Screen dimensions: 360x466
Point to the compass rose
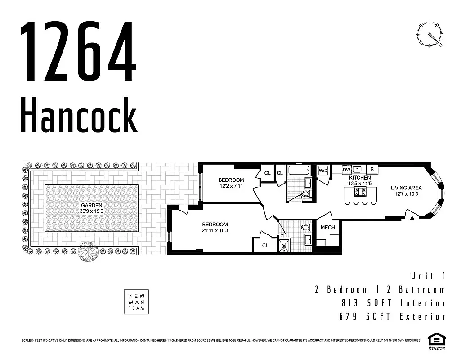tap(430, 35)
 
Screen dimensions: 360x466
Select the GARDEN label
tap(92, 205)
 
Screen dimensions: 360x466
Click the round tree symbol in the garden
tap(88, 252)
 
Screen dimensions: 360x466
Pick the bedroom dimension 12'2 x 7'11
tap(232, 186)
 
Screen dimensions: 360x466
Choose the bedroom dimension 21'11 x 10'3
tap(215, 230)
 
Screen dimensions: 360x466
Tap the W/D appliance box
tap(323, 171)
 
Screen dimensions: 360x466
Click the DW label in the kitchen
tap(346, 170)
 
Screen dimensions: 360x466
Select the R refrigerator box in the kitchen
tap(372, 170)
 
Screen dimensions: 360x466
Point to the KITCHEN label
tap(360, 178)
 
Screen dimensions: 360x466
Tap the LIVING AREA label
tap(406, 188)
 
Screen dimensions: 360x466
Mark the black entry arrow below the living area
tap(412, 219)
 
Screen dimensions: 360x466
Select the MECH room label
tap(327, 227)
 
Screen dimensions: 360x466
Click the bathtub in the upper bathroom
tap(299, 171)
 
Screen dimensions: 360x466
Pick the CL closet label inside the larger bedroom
tap(265, 245)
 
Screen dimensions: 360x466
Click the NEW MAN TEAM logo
tap(136, 301)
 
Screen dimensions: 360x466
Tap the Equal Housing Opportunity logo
tap(435, 341)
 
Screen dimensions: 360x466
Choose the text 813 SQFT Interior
tap(392, 303)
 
